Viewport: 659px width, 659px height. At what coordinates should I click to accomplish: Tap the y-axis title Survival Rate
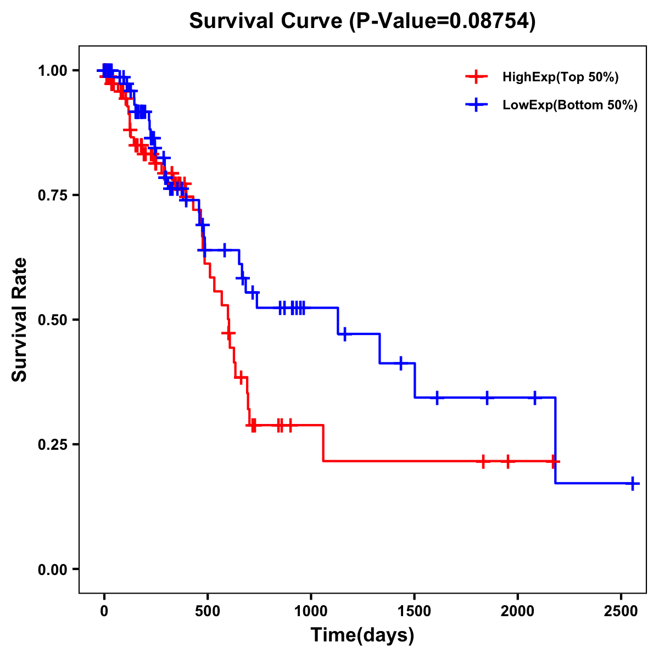(20, 319)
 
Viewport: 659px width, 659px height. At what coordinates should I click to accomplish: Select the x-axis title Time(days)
(362, 635)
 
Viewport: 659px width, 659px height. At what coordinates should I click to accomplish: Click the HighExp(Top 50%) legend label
(560, 77)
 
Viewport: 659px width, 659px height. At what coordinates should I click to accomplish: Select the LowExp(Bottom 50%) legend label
(570, 105)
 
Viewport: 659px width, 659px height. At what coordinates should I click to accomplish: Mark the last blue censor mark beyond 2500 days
(633, 483)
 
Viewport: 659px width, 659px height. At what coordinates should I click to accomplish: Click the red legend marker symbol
(476, 77)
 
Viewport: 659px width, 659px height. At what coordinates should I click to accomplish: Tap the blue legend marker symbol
(476, 105)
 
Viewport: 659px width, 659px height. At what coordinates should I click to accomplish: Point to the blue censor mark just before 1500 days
(401, 363)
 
